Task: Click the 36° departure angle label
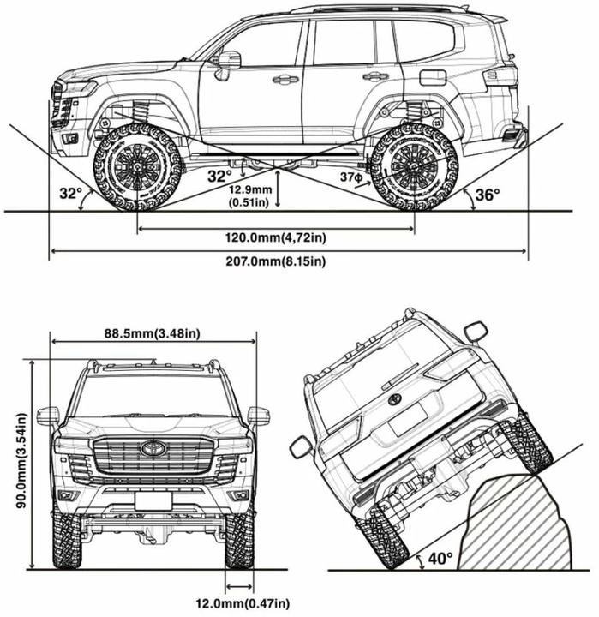487,195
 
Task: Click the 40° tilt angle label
440,560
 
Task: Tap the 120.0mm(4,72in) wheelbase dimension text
275,237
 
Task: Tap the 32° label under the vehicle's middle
220,175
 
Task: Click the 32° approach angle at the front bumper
70,194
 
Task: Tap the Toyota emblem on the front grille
153,448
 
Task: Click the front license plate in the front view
153,501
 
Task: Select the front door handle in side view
283,80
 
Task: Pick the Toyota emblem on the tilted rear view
395,399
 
